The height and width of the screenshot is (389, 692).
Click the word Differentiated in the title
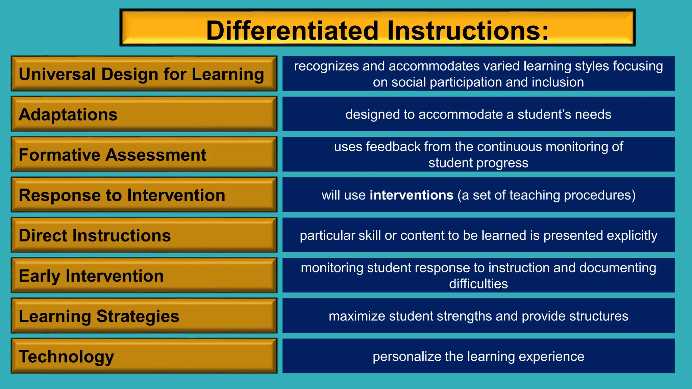point(292,31)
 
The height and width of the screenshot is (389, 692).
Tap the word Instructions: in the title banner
point(468,31)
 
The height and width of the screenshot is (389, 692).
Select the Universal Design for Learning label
point(141,74)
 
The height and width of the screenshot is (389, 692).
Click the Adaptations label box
point(144,114)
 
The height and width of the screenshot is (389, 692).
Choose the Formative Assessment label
point(112,155)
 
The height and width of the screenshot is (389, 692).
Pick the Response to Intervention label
point(122,195)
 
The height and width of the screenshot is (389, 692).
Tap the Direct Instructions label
point(95,235)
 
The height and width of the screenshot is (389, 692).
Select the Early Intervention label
point(91,276)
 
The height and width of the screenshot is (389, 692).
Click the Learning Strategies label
point(99,316)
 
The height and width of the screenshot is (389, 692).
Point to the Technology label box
point(144,356)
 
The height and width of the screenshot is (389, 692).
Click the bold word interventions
point(411,195)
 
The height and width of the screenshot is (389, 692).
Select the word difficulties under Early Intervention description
point(478,284)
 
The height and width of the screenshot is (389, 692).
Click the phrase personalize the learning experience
point(478,357)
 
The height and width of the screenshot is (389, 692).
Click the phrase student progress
point(478,163)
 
